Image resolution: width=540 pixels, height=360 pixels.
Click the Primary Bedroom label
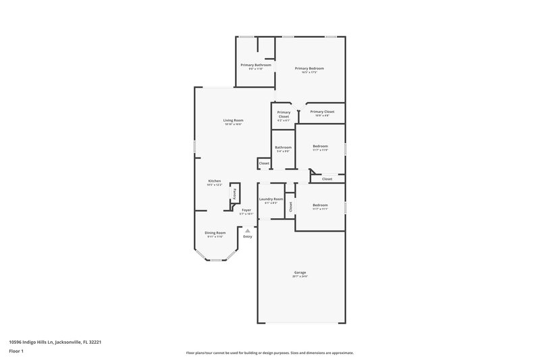tap(309, 68)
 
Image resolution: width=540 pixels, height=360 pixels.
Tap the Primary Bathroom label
tap(255, 65)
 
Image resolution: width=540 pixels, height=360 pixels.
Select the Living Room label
tap(233, 120)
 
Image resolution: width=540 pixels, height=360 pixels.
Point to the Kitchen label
tap(214, 181)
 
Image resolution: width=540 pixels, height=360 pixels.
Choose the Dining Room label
tap(215, 232)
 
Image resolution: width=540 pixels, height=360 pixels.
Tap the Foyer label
tap(246, 210)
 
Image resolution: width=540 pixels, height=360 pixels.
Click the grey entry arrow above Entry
tap(247, 230)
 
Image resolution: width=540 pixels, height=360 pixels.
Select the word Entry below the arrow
tap(247, 236)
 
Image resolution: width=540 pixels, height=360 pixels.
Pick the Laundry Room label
tap(271, 199)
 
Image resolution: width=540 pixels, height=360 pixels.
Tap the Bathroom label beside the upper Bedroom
tap(283, 147)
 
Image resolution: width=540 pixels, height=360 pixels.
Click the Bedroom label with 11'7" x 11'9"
tap(320, 146)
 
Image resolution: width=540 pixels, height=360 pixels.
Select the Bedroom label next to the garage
tap(320, 205)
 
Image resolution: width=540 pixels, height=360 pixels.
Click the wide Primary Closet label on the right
tap(322, 111)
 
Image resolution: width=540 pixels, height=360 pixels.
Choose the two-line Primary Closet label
tap(283, 114)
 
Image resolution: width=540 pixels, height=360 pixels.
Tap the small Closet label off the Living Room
tap(264, 163)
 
